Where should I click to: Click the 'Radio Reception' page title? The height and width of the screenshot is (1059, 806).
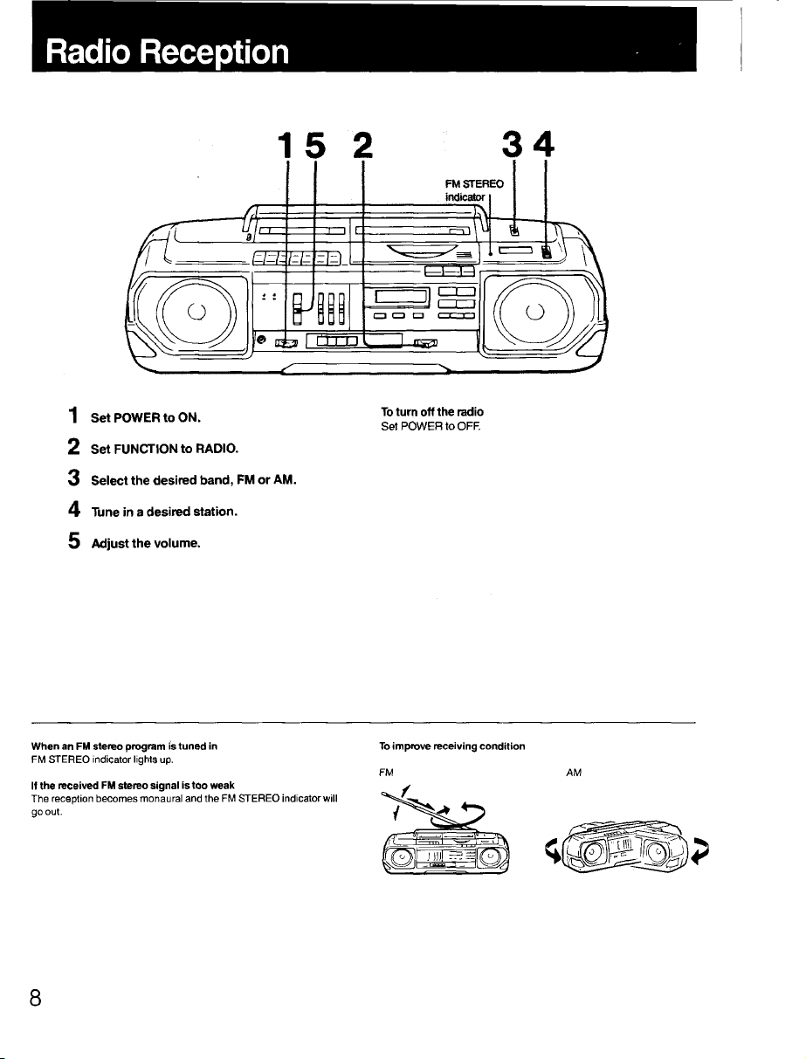168,52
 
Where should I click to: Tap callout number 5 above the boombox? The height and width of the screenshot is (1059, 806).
315,145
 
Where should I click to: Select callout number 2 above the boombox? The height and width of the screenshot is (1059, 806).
363,145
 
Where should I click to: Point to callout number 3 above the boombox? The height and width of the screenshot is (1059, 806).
513,145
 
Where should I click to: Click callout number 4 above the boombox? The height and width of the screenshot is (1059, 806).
545,145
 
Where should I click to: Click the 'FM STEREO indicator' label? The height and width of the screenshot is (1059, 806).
474,190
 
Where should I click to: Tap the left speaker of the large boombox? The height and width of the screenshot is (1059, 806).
196,312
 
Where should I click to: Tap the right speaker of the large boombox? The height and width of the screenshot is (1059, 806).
535,312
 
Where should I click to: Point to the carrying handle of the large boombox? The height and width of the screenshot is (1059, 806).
367,209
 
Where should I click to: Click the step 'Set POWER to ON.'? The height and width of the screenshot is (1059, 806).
146,418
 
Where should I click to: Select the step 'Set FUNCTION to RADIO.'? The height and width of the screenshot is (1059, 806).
164,449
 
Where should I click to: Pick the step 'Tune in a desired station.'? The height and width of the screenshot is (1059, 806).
164,512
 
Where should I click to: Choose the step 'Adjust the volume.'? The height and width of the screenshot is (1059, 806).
146,543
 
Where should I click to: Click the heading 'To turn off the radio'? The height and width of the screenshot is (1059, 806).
432,412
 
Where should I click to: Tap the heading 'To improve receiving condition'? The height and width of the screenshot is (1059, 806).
452,746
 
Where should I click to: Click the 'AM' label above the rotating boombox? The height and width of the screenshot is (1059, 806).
574,773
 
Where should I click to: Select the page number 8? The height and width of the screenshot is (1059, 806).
36,997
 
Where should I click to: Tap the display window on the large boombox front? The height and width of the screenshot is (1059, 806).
403,295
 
